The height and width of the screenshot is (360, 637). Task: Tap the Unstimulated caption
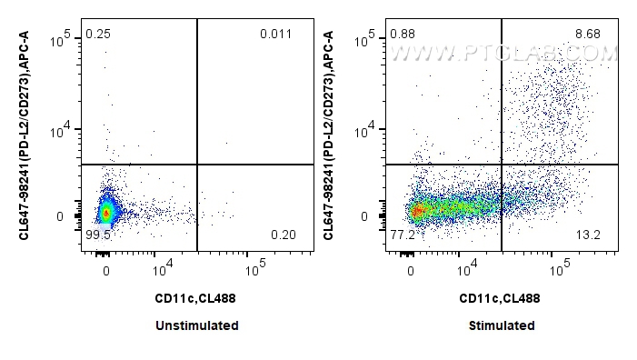coord(196,325)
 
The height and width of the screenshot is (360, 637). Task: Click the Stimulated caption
coord(502,325)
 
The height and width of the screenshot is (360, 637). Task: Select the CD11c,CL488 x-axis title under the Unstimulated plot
coord(196,297)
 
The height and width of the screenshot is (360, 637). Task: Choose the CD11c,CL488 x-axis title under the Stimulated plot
coord(501,297)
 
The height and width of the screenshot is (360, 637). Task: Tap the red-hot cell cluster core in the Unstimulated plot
coord(106,214)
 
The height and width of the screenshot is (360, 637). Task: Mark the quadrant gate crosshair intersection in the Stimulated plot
coord(502,165)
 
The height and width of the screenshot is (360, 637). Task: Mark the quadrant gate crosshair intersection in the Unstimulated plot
coord(197,165)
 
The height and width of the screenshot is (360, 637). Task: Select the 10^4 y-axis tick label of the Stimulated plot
coord(372,133)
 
